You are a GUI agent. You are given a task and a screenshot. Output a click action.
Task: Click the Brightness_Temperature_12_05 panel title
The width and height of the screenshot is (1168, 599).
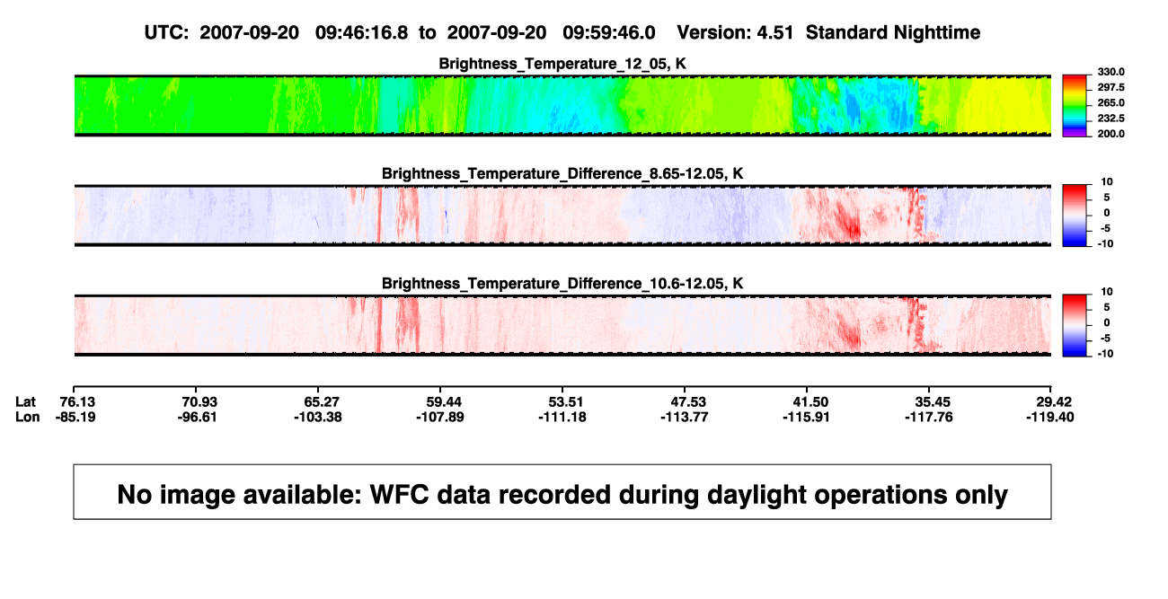tap(562, 64)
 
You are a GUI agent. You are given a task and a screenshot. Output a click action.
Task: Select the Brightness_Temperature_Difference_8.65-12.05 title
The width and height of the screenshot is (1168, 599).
tap(562, 173)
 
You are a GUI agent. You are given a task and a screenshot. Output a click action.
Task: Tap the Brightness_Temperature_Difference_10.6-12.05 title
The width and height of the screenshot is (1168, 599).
tap(562, 284)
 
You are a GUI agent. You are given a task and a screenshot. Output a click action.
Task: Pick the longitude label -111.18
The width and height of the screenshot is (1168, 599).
tap(562, 417)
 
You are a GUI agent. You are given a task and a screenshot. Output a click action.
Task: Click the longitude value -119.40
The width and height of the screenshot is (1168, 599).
tap(1050, 417)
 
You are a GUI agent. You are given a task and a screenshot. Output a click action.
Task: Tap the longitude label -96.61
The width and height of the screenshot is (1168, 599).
tap(197, 417)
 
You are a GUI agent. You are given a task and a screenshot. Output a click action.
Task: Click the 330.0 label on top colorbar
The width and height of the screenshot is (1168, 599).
tap(1110, 72)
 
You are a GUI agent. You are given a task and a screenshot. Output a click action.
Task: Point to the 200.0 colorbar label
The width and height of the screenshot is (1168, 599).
tap(1110, 134)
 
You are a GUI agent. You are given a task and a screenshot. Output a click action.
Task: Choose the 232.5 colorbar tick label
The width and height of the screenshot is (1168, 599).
tap(1110, 119)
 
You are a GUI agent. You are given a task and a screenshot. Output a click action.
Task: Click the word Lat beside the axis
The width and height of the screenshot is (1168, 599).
tap(25, 402)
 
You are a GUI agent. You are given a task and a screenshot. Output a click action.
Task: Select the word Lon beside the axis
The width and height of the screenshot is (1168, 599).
tap(28, 417)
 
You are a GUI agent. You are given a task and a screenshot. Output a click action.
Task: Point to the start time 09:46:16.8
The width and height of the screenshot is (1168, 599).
tap(361, 32)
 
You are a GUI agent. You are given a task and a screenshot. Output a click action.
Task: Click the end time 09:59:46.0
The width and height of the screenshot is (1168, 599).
tap(608, 32)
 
